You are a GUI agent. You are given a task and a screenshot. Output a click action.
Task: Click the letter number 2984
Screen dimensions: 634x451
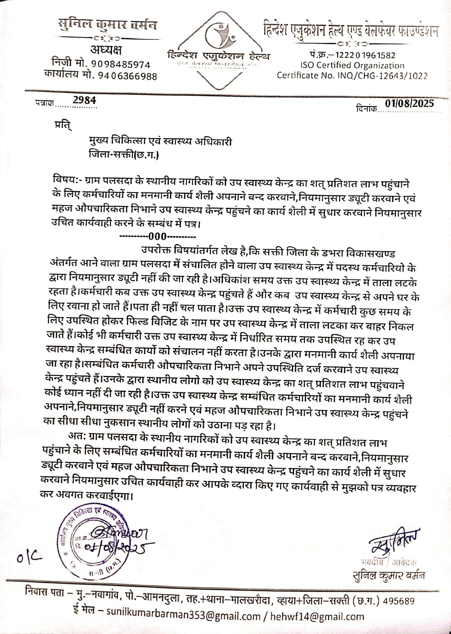84,100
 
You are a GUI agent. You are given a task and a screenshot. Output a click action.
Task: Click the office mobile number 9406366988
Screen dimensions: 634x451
128,76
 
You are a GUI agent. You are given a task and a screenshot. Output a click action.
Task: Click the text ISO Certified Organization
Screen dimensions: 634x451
352,65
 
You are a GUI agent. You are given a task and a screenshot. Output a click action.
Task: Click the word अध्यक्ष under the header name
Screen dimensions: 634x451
106,50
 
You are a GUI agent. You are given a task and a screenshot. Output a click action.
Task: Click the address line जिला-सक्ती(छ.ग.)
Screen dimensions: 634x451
123,155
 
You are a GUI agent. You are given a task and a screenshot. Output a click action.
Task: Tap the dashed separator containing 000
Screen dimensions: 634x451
158,235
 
